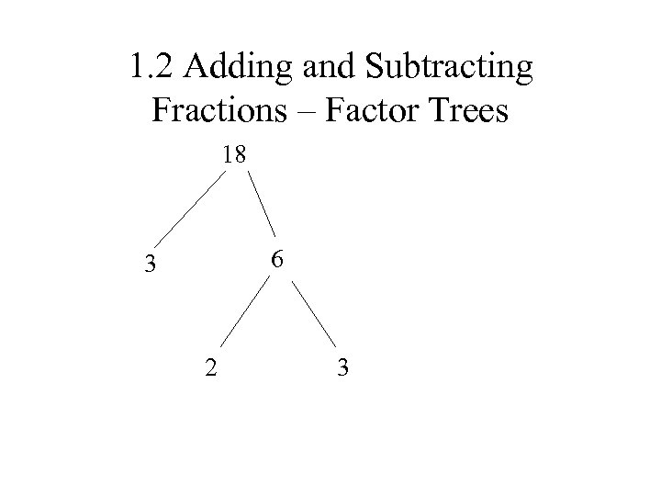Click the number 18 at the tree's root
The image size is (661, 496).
(x=234, y=155)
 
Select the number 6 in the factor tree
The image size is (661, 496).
(x=277, y=260)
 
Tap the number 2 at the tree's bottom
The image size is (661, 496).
(x=211, y=369)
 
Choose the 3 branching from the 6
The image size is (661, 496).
(x=342, y=369)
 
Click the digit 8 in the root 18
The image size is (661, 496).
(x=241, y=155)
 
